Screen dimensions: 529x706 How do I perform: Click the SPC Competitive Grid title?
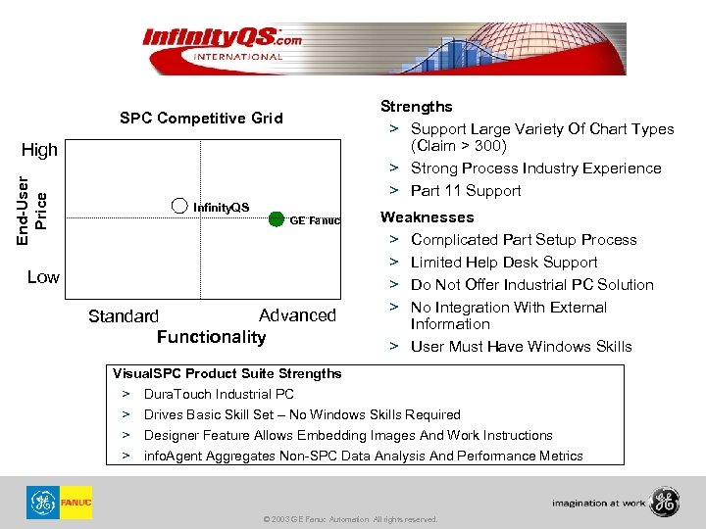201,119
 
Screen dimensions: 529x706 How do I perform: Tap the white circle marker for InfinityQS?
179,206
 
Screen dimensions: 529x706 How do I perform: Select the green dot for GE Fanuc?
277,218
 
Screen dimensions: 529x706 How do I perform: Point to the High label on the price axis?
39,150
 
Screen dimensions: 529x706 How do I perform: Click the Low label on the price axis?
42,277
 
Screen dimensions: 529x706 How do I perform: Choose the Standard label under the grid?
123,316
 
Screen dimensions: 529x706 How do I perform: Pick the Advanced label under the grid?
297,315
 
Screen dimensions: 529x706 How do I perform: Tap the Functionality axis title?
211,337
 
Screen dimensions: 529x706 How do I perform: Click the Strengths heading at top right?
416,106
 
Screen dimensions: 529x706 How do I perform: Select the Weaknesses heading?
427,217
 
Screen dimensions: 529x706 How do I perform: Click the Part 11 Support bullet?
466,191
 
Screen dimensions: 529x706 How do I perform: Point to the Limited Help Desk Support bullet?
504,263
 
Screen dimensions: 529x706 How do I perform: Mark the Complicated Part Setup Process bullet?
524,240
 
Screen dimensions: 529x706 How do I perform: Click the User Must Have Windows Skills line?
521,347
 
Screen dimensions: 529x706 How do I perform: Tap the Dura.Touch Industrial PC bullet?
219,394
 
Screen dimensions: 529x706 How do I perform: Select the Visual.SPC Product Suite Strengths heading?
227,373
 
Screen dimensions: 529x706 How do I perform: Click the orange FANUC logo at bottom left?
76,503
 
